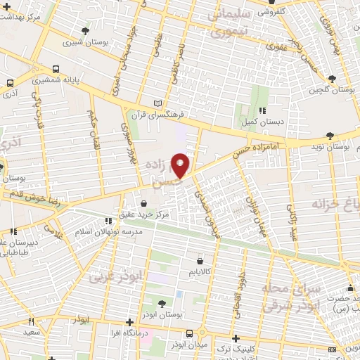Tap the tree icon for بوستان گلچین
(x=333, y=78)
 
